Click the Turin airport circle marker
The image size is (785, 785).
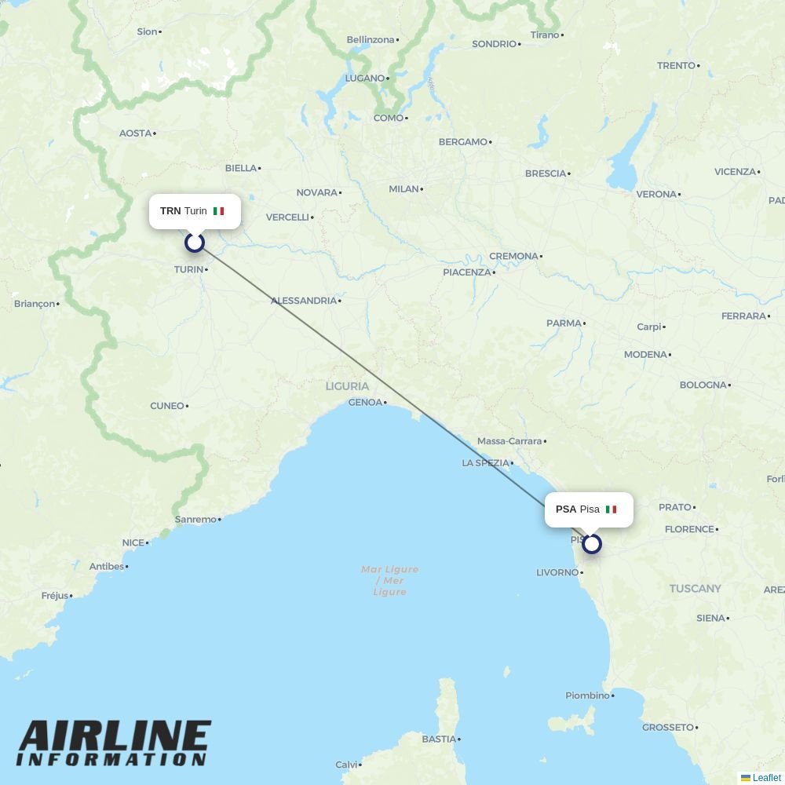(195, 243)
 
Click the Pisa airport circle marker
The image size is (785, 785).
(592, 543)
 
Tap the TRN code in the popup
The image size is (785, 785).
(170, 211)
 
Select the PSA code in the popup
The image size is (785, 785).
(566, 509)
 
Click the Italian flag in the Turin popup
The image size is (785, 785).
(218, 211)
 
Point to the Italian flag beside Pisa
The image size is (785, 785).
(611, 509)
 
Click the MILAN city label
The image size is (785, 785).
(403, 189)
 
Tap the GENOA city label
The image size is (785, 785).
(364, 403)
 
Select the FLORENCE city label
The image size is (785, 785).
(688, 530)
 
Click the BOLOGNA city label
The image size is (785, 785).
(703, 385)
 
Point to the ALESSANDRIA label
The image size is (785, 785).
(303, 301)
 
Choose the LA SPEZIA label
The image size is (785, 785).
(485, 463)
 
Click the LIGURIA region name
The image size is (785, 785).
(347, 386)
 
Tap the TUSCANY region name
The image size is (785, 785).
(695, 589)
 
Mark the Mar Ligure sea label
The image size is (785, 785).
(390, 580)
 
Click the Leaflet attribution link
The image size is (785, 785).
(766, 778)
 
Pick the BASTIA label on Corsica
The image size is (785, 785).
(438, 739)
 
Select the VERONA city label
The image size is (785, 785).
(655, 195)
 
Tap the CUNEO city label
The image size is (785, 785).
(166, 406)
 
